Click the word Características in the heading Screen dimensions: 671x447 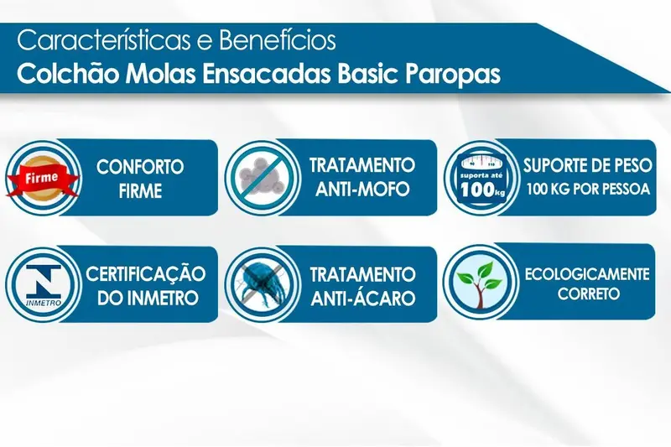click(x=103, y=40)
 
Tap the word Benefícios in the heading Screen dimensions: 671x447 click(x=278, y=40)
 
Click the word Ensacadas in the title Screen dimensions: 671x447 click(x=266, y=74)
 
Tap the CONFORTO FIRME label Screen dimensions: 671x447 click(x=140, y=179)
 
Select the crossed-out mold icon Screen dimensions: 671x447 click(x=262, y=177)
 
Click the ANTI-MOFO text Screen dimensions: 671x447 click(x=362, y=189)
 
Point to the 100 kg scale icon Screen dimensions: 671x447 click(x=481, y=177)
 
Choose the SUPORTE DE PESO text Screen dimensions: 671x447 click(x=588, y=165)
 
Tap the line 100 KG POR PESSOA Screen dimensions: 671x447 click(x=589, y=189)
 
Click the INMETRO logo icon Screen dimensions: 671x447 click(x=44, y=285)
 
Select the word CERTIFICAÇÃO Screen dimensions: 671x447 click(x=145, y=274)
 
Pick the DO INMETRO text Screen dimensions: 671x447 click(x=148, y=298)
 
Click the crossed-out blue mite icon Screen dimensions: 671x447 click(x=262, y=284)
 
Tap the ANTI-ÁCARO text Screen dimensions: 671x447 click(x=363, y=298)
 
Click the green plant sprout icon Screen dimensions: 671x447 click(x=479, y=284)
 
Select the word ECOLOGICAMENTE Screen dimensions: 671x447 click(x=587, y=273)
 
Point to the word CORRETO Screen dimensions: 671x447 click(x=589, y=294)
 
